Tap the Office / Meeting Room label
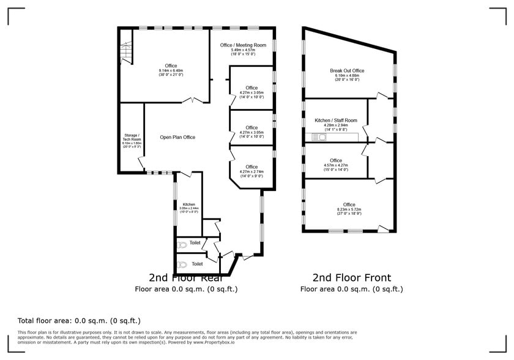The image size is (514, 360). (x=243, y=45)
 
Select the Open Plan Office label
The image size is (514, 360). (x=177, y=137)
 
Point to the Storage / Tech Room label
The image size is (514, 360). (x=132, y=137)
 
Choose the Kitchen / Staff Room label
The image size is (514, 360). (x=335, y=121)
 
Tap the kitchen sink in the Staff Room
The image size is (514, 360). (x=319, y=137)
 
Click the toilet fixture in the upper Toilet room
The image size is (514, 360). (x=182, y=245)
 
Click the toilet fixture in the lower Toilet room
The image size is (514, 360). (x=182, y=265)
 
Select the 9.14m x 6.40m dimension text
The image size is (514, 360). (x=171, y=70)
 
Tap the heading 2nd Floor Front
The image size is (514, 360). (x=351, y=277)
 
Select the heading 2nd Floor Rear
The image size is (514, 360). (x=186, y=277)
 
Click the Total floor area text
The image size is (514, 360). (x=80, y=320)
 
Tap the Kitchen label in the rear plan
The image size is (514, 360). (x=188, y=204)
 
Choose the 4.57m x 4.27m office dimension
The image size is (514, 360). (x=335, y=165)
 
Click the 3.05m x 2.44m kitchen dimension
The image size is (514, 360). (x=188, y=208)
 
